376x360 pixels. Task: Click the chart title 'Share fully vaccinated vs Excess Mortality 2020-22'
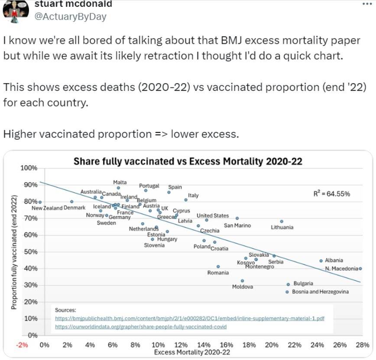pyautogui.click(x=188, y=162)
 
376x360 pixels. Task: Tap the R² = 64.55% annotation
pyautogui.click(x=331, y=194)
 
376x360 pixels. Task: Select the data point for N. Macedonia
pyautogui.click(x=360, y=269)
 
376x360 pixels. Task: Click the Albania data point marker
pyautogui.click(x=321, y=261)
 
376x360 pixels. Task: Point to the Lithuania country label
pyautogui.click(x=282, y=227)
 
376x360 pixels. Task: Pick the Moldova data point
pyautogui.click(x=243, y=281)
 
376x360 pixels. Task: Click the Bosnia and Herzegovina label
pyautogui.click(x=320, y=292)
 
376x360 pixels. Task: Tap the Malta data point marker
pyautogui.click(x=118, y=188)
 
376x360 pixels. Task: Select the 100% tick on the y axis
pyautogui.click(x=29, y=168)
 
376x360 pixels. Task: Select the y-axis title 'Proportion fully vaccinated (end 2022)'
pyautogui.click(x=14, y=252)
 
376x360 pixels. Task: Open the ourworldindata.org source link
pyautogui.click(x=141, y=327)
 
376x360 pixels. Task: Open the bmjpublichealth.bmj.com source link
pyautogui.click(x=190, y=318)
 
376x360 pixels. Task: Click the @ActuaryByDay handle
pyautogui.click(x=70, y=16)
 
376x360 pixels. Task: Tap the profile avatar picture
pyautogui.click(x=16, y=9)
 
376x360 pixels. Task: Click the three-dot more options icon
pyautogui.click(x=366, y=3)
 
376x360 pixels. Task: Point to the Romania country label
pyautogui.click(x=218, y=273)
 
